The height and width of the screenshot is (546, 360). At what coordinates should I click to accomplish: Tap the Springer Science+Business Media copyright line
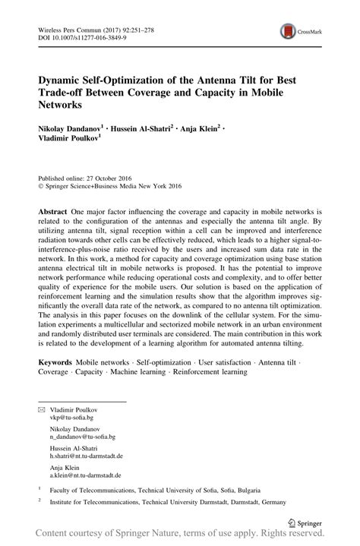(112, 183)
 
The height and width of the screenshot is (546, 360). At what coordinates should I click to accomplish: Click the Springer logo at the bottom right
(308, 522)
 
